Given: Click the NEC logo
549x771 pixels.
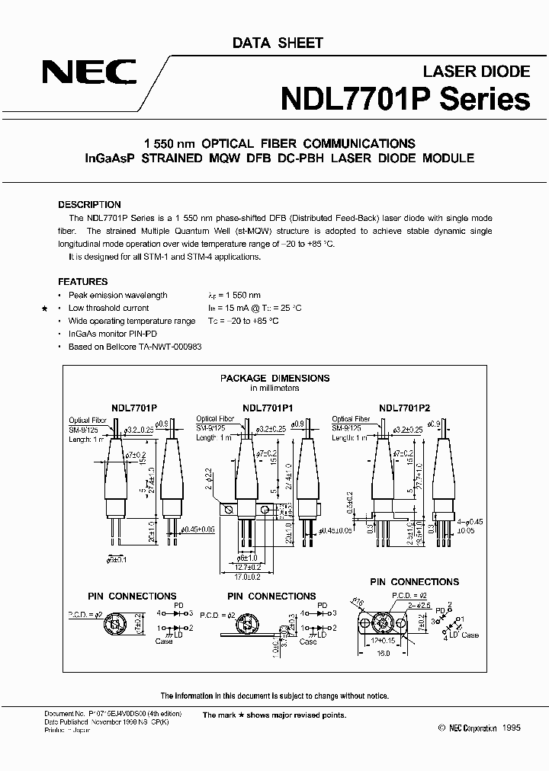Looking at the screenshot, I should tap(90, 75).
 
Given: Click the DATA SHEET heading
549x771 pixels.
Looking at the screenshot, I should tap(278, 43).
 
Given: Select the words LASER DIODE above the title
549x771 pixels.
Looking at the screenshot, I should tap(476, 72).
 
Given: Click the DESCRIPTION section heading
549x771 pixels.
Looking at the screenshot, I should tap(90, 205).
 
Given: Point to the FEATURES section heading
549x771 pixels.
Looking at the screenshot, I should tap(83, 281).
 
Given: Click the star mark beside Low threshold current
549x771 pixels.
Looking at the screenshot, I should tap(45, 309).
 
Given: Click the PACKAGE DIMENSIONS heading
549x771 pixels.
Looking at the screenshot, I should tap(274, 378).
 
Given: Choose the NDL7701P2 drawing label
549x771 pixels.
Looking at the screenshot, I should tap(404, 408).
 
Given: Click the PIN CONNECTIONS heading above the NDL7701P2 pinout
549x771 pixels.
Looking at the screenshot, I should tap(414, 581).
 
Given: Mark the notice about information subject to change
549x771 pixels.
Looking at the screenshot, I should tap(274, 696).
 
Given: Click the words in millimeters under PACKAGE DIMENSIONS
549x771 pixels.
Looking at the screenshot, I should tap(274, 388).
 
